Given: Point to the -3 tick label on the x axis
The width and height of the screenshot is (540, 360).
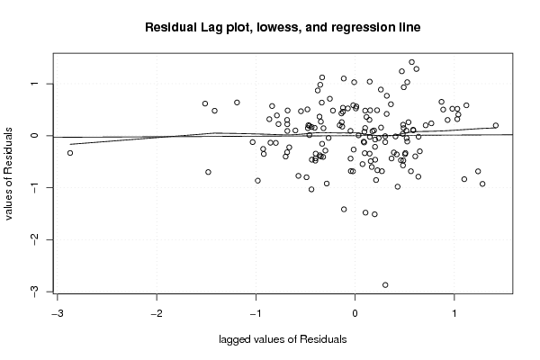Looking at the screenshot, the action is coord(58,314).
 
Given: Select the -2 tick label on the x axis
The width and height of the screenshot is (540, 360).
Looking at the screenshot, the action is coord(157,314).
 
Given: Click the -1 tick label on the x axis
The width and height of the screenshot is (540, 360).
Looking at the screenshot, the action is coord(256,314).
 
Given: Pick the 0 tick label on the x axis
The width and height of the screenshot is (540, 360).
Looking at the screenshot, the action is coord(355,314).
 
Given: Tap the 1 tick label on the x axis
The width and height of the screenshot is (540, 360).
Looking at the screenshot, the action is coord(454,314).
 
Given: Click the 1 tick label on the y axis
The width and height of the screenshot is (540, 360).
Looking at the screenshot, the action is coord(34,84).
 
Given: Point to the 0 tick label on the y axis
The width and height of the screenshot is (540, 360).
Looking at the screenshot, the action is coord(34,135).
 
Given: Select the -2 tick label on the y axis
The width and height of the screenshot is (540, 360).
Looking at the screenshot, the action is coord(34,239).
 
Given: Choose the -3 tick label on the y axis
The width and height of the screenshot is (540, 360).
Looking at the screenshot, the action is coord(34,292).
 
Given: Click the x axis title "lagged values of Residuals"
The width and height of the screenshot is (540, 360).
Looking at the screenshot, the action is coord(283,339).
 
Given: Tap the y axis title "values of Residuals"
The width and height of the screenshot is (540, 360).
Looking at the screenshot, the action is coord(9,174).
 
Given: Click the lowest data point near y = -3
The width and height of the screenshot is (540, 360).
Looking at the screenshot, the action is coord(385,285).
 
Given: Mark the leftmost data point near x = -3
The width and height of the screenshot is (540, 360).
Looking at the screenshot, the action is coord(70,153).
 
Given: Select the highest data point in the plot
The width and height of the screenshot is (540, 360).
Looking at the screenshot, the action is coord(411,62).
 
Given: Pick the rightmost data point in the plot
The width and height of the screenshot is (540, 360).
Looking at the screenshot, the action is coord(496,125).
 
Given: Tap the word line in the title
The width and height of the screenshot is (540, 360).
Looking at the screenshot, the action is coord(411,27).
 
